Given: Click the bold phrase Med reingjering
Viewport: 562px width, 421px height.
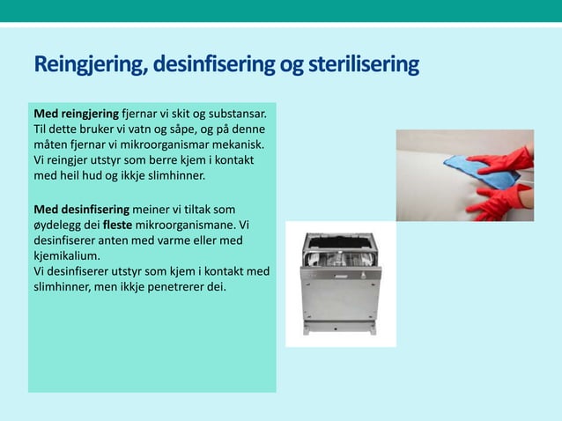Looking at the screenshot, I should coord(75,114).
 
